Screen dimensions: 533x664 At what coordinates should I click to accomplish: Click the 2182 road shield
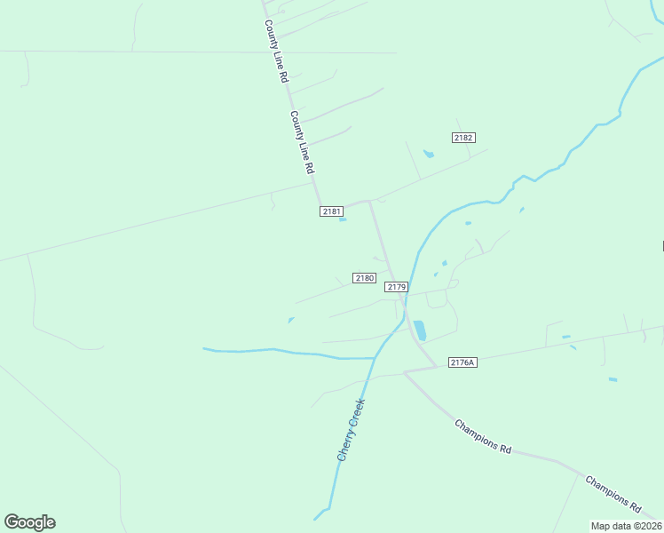(463, 138)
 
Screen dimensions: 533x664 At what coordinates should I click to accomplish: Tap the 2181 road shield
(332, 211)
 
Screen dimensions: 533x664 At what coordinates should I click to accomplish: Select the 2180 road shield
(364, 278)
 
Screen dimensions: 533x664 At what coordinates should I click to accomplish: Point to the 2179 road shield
(396, 287)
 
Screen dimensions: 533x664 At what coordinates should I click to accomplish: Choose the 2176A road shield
(462, 362)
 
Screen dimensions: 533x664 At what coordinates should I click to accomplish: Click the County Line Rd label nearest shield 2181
(303, 142)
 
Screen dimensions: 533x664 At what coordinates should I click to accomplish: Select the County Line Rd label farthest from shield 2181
(276, 52)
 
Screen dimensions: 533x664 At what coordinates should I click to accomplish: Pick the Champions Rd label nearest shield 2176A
(483, 436)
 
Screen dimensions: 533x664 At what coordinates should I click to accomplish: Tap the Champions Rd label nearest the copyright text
(613, 493)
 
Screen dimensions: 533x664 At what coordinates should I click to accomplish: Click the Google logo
(29, 522)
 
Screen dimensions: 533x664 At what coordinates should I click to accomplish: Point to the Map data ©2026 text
(626, 526)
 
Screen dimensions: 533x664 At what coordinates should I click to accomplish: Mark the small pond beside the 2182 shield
(429, 155)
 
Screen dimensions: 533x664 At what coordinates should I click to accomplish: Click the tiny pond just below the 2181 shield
(343, 219)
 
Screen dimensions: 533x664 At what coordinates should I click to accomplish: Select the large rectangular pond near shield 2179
(419, 330)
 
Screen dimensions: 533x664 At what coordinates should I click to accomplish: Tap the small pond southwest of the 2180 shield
(291, 320)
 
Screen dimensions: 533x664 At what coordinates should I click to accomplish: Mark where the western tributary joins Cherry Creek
(375, 358)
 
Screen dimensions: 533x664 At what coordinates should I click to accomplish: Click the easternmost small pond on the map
(613, 380)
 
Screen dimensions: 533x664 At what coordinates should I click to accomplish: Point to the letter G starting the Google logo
(12, 522)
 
